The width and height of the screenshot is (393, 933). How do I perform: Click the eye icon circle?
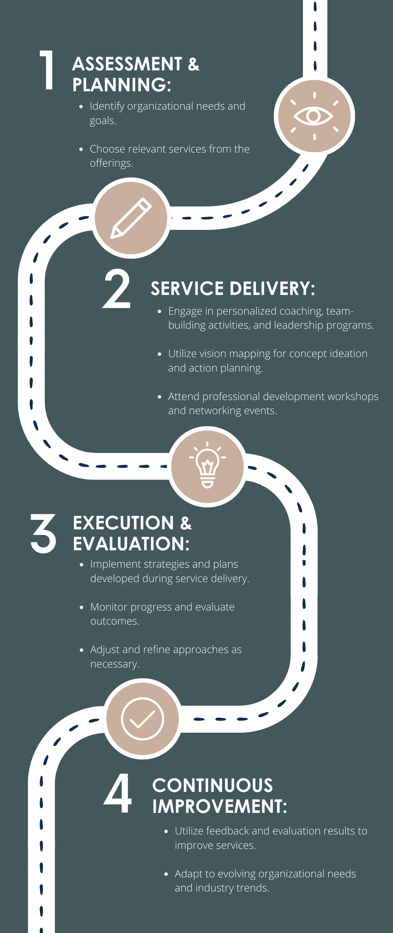[314, 116]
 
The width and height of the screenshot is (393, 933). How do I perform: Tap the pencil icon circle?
[131, 218]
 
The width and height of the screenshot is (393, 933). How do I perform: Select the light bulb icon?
[207, 466]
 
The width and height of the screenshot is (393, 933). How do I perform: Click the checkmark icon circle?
[142, 719]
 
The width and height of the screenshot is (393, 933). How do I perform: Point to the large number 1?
[47, 70]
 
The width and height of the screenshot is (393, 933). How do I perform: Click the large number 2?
[117, 289]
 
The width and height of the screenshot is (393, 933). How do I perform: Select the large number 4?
[118, 793]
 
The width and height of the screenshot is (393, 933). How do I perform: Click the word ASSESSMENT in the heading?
[127, 64]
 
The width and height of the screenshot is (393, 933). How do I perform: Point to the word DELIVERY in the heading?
[271, 289]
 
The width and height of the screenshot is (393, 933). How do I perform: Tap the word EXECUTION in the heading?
[123, 523]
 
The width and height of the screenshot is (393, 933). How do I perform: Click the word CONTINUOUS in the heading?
[213, 786]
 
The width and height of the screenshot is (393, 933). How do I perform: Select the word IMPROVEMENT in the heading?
[219, 807]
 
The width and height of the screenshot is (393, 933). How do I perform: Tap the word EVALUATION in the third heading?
[131, 544]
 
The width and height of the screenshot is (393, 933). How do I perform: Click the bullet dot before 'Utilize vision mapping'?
[159, 354]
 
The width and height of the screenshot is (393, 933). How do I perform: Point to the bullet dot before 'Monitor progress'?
[82, 607]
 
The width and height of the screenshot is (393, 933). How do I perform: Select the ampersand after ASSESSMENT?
[194, 64]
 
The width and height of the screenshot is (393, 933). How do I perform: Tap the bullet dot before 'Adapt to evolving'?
[166, 874]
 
